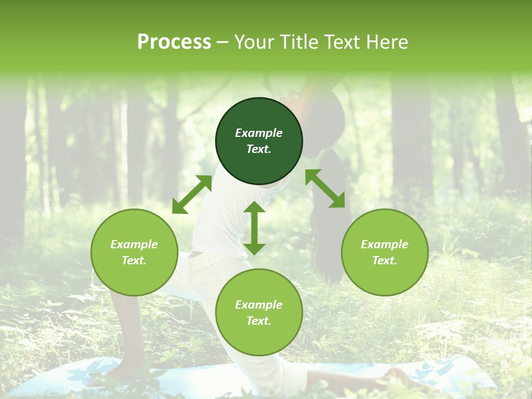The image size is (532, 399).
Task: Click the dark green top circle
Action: (259, 141)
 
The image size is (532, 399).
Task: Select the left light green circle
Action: (134, 252)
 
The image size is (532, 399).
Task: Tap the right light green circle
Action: (385, 252)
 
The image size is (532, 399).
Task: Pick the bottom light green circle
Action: (259, 313)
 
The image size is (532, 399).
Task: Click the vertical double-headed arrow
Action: (254, 228)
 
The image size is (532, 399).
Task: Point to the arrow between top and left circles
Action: (192, 194)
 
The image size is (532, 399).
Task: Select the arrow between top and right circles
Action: (325, 188)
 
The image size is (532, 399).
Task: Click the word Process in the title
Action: (174, 42)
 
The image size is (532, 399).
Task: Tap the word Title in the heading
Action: (299, 42)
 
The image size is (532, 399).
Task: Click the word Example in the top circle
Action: (259, 133)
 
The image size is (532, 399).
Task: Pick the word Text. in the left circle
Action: (134, 260)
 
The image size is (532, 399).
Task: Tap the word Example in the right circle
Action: (385, 244)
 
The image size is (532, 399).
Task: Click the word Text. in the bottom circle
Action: (259, 321)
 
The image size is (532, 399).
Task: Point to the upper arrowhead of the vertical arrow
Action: (254, 208)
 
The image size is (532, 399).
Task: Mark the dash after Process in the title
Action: (223, 42)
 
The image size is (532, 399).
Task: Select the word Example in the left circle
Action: (134, 244)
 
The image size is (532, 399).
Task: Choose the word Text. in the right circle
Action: (385, 260)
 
